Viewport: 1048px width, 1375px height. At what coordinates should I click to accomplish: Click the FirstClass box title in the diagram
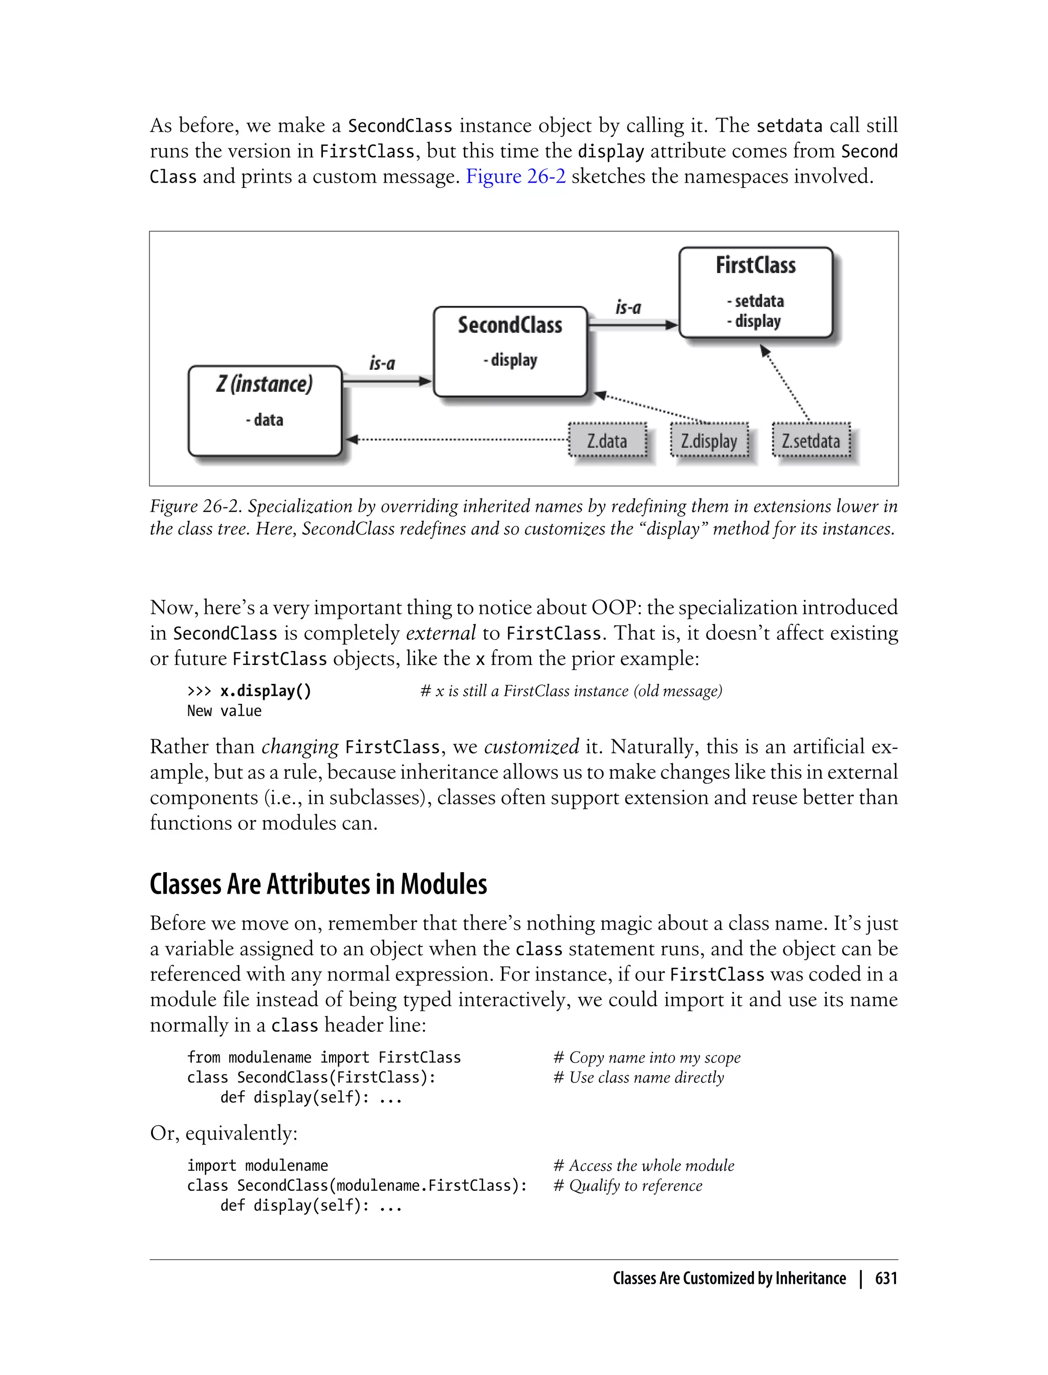point(755,265)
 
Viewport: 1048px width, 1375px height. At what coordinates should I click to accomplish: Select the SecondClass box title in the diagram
point(510,325)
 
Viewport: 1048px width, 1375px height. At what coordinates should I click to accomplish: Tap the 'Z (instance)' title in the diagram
point(265,384)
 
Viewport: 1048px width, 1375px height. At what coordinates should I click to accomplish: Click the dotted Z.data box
point(607,441)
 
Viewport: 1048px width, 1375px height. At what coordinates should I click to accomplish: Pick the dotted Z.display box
point(709,441)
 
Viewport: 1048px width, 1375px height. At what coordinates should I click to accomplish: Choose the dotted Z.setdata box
point(811,441)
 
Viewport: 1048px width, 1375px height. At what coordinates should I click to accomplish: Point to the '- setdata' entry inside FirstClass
point(755,301)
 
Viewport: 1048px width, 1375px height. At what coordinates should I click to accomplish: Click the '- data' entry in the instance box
point(265,419)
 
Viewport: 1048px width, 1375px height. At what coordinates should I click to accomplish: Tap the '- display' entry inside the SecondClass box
point(510,360)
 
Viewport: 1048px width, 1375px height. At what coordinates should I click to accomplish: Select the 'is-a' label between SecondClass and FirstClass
point(628,307)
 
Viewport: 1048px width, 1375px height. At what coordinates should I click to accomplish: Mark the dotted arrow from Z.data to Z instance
point(458,439)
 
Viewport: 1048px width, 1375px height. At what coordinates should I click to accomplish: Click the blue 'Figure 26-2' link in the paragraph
point(516,176)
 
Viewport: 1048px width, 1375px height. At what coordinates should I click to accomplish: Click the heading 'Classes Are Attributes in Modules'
point(318,884)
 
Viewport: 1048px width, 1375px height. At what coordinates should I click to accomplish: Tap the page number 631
point(886,1278)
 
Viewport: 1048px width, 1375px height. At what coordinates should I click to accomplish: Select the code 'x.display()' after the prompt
point(265,691)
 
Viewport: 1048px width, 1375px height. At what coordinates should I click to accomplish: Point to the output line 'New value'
point(225,711)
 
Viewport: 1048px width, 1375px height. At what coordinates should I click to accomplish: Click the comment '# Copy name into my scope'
point(647,1058)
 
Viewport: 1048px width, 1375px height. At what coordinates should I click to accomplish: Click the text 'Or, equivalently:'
point(224,1133)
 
